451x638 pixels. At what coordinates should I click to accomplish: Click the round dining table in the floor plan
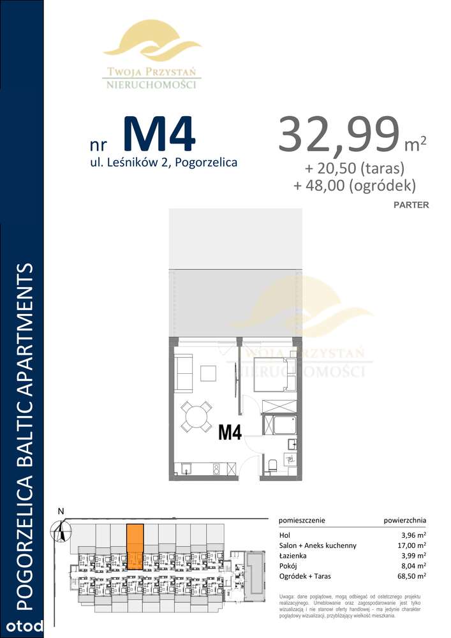pyautogui.click(x=196, y=417)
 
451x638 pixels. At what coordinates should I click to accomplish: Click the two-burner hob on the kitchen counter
pyautogui.click(x=217, y=469)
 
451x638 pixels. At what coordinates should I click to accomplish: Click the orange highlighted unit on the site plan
pyautogui.click(x=134, y=545)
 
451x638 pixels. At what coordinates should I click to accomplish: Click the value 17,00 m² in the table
pyautogui.click(x=412, y=545)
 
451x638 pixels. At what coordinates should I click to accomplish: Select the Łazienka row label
pyautogui.click(x=294, y=556)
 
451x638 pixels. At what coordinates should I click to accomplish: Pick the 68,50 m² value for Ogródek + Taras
pyautogui.click(x=412, y=578)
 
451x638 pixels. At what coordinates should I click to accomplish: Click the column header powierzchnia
pyautogui.click(x=405, y=520)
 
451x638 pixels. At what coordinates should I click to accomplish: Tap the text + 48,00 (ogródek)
pyautogui.click(x=355, y=186)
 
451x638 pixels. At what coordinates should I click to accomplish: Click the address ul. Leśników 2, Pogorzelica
pyautogui.click(x=164, y=162)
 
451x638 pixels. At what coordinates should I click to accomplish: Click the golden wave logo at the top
pyautogui.click(x=152, y=41)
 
